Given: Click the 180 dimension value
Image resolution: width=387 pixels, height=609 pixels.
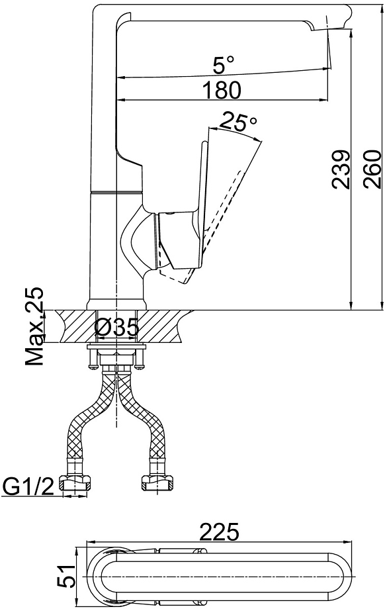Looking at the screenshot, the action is point(222,90).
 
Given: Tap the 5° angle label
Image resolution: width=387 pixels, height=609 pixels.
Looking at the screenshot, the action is point(224,64).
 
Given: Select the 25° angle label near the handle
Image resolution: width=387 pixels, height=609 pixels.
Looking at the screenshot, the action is point(238,122).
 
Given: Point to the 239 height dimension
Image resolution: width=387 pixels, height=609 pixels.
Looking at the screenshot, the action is point(341,169).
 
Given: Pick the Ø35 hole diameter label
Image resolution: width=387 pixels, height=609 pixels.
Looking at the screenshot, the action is point(116,326).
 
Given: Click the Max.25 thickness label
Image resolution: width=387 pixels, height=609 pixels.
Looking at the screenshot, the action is point(34,326).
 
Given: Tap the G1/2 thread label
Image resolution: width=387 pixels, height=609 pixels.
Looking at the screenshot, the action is point(28,487).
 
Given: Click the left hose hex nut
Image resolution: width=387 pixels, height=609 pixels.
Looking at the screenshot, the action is point(75,483).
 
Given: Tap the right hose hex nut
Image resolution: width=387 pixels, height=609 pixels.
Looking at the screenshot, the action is point(157,483).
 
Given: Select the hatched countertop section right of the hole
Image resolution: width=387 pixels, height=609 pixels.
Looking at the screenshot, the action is point(163,326).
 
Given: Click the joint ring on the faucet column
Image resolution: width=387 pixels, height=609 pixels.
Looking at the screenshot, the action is point(116,192).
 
